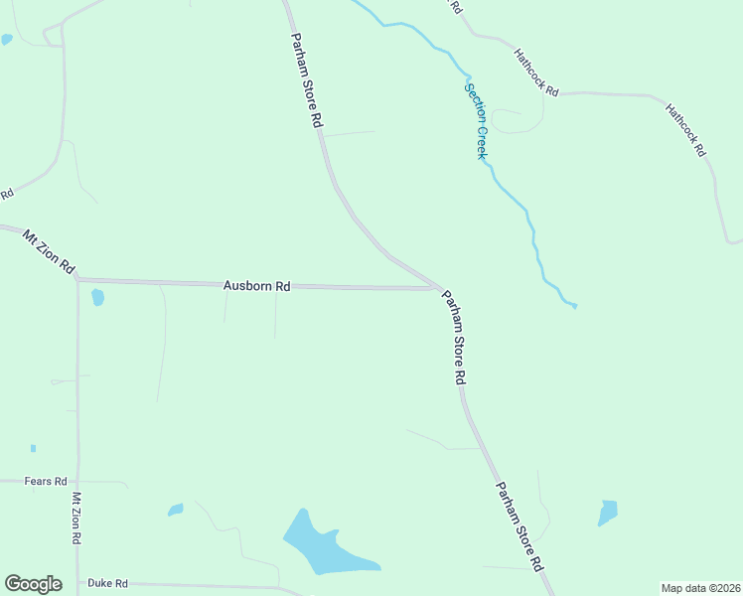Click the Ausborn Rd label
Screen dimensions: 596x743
[x=256, y=286]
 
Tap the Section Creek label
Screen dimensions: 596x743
[x=476, y=121]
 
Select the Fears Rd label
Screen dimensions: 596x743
[x=46, y=481]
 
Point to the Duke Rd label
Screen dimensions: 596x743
[x=108, y=583]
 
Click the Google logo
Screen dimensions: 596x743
[x=33, y=584]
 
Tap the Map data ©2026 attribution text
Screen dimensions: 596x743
[x=700, y=588]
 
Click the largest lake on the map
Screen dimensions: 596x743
[x=322, y=547]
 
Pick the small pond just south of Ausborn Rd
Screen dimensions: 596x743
[x=97, y=297]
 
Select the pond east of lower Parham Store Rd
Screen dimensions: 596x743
[x=608, y=513]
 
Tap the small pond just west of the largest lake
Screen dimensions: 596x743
[x=176, y=510]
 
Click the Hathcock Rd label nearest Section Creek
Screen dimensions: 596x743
[x=536, y=72]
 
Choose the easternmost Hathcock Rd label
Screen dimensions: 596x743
[x=685, y=130]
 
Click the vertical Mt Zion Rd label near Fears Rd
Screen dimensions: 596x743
[x=76, y=518]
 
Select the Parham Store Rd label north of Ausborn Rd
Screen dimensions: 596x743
[x=307, y=78]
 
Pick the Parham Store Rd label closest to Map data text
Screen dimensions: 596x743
[x=520, y=526]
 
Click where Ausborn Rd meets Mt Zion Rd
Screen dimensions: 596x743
[x=77, y=280]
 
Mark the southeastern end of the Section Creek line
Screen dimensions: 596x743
[x=575, y=306]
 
